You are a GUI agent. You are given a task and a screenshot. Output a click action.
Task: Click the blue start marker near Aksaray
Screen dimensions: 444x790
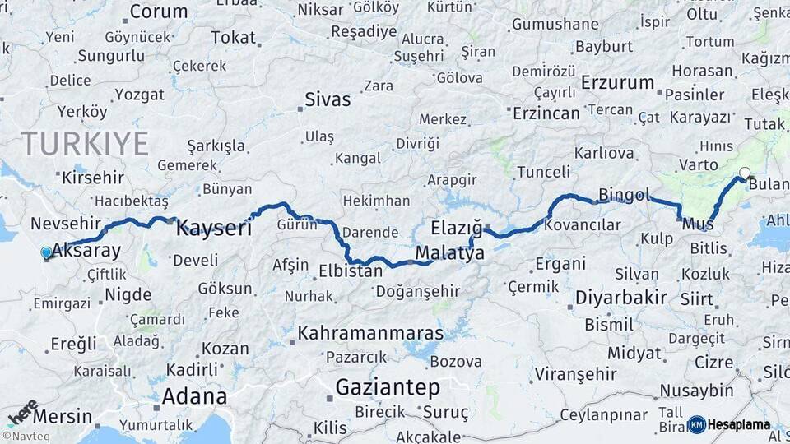coord(45,253)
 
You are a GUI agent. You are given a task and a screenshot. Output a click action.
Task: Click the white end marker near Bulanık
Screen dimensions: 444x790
coord(745,173)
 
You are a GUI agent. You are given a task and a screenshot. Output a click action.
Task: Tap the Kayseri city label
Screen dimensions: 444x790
coord(214,228)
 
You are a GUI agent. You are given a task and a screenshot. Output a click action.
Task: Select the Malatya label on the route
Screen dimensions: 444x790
coord(450,253)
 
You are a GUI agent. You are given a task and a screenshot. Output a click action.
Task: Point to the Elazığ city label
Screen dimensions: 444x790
coord(456,228)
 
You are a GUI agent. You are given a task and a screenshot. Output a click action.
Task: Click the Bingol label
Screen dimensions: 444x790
coord(624,195)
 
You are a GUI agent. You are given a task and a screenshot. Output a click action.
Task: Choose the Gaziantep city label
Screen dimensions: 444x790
coord(388,387)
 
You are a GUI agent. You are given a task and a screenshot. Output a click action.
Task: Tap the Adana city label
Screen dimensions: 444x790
coord(194,396)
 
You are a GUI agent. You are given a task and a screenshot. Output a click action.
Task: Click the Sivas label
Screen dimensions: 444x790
coord(328,100)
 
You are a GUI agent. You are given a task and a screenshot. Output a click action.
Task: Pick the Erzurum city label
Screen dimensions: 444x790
coord(617,83)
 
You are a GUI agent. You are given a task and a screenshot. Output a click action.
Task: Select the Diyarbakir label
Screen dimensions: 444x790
coord(620,297)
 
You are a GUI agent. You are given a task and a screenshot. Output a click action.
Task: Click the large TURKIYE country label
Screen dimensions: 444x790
coord(85,144)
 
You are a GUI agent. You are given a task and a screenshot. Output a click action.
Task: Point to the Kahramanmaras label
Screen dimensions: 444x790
coord(370,334)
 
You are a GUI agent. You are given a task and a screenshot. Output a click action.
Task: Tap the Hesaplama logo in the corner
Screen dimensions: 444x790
coord(729,424)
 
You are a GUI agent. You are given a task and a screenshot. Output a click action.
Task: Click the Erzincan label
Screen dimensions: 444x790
coord(546,113)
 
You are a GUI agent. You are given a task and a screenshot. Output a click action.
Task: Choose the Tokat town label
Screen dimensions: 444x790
coord(234,38)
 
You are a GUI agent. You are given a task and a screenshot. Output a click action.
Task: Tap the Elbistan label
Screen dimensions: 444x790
coord(351,271)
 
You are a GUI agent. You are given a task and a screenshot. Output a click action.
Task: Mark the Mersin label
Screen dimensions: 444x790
coord(63,416)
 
